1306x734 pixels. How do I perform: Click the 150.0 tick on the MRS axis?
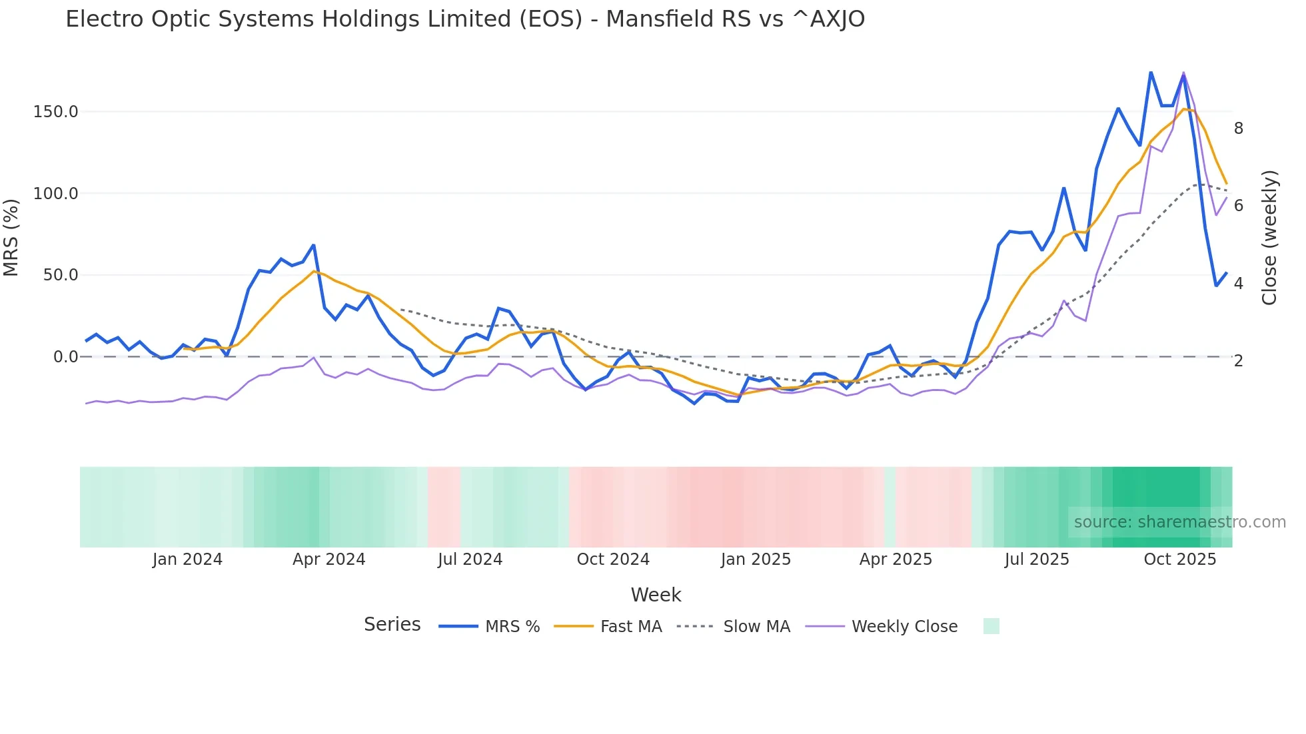click(55, 112)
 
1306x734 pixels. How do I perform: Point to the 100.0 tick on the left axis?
click(55, 194)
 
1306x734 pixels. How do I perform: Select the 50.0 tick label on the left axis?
click(60, 275)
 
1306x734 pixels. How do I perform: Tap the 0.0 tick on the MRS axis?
click(65, 357)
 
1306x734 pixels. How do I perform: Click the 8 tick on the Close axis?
click(1238, 129)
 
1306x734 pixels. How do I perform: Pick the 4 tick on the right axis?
click(1238, 284)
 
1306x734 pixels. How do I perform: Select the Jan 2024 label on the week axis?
click(187, 559)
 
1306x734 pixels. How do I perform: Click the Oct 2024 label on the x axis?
click(612, 559)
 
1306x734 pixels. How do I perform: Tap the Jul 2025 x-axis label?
click(1036, 559)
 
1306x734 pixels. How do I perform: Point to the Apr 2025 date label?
click(895, 559)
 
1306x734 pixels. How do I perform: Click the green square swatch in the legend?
click(991, 626)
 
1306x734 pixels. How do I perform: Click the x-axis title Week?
click(656, 595)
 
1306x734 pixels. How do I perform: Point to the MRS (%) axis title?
click(11, 237)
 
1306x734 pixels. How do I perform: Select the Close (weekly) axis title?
click(1269, 238)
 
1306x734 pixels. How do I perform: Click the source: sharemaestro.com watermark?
click(1179, 522)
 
